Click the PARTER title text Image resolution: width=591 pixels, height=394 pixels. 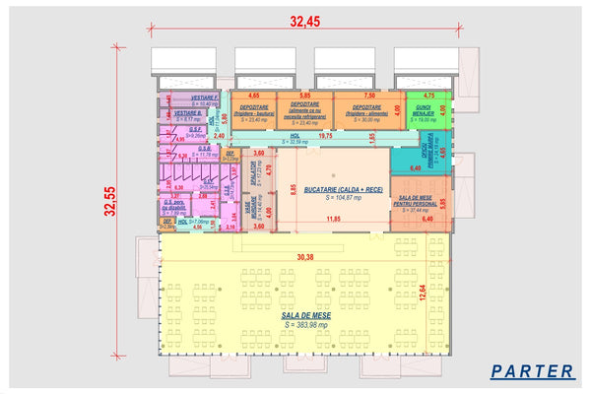pyautogui.click(x=532, y=371)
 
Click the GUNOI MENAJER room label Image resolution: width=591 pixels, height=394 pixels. pyautogui.click(x=424, y=109)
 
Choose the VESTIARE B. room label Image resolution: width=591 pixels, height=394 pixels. pyautogui.click(x=186, y=113)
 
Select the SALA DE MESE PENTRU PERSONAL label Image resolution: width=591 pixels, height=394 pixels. pyautogui.click(x=420, y=201)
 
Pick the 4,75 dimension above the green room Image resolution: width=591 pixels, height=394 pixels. pyautogui.click(x=428, y=96)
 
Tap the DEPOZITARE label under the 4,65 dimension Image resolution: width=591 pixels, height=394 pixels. pyautogui.click(x=253, y=107)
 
